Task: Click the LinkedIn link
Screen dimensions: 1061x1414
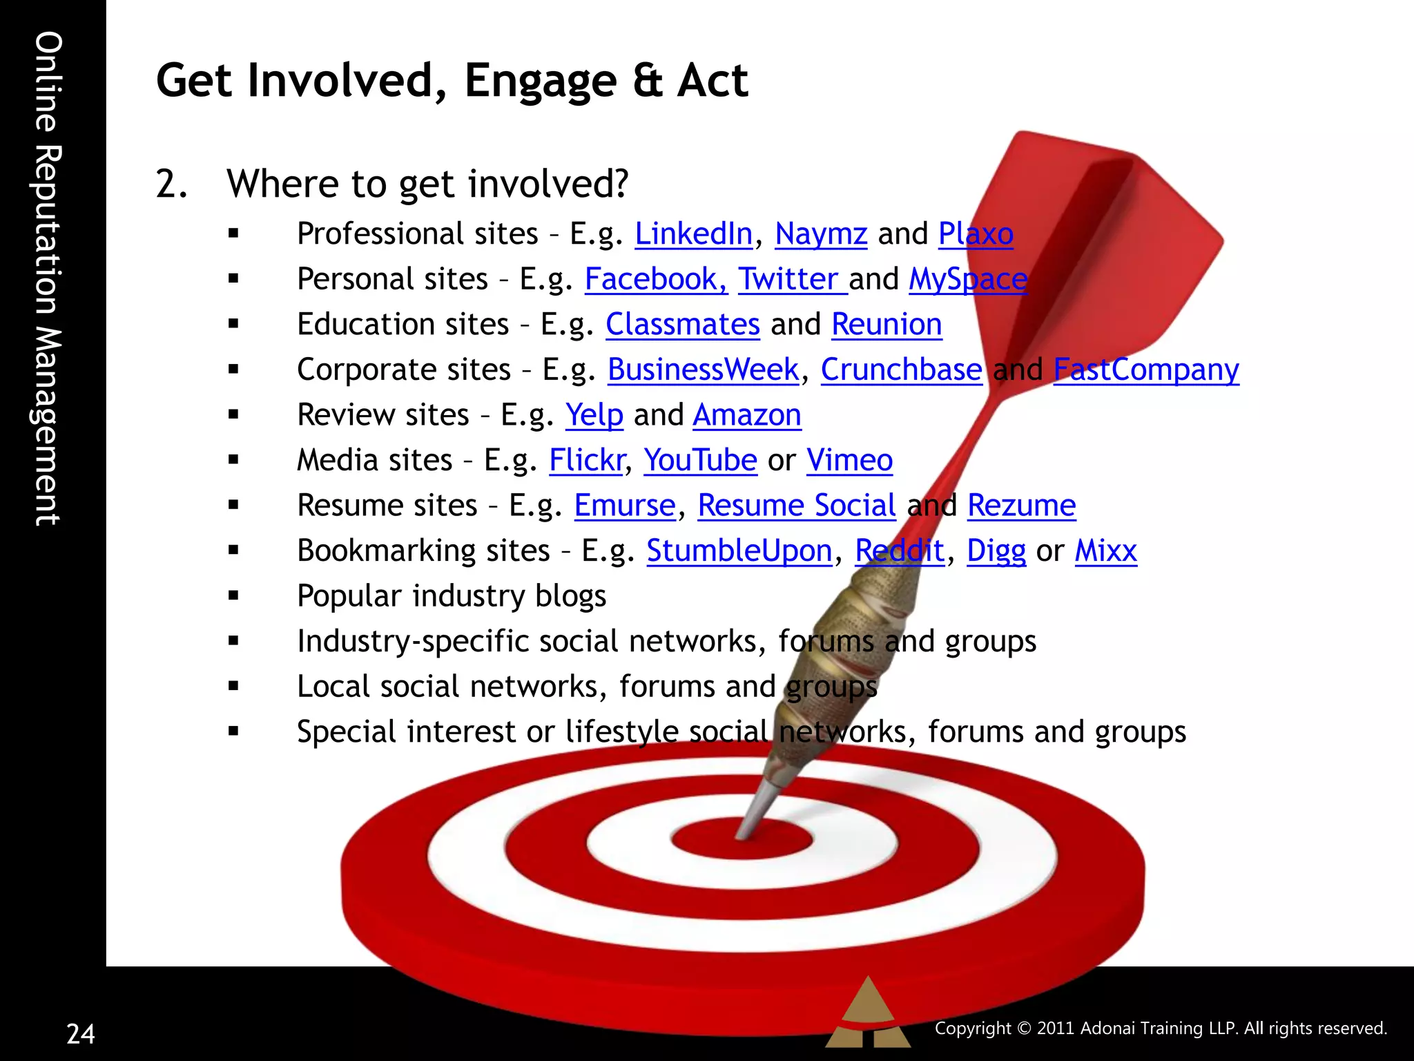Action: tap(693, 234)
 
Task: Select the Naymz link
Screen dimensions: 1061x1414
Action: tap(821, 234)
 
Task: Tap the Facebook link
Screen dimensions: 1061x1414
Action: tap(655, 280)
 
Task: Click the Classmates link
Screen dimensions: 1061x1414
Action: tap(683, 325)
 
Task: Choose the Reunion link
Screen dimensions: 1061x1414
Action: tap(887, 325)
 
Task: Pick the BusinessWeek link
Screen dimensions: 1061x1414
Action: tap(703, 370)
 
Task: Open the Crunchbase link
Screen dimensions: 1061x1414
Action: tap(901, 370)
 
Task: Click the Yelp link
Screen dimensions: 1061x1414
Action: tap(594, 415)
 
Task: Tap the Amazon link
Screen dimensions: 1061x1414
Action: tap(747, 415)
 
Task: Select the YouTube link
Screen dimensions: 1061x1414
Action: tap(700, 461)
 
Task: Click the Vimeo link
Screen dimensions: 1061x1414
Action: tap(849, 461)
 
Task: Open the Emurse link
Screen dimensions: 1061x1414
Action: tap(625, 506)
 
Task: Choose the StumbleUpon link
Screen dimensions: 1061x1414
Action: tap(739, 551)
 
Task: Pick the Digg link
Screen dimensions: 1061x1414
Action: tap(996, 551)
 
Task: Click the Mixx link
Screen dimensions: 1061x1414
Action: tap(1105, 551)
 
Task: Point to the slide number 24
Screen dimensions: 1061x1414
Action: tap(81, 1034)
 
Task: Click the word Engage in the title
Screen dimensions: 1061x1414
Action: tap(540, 82)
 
